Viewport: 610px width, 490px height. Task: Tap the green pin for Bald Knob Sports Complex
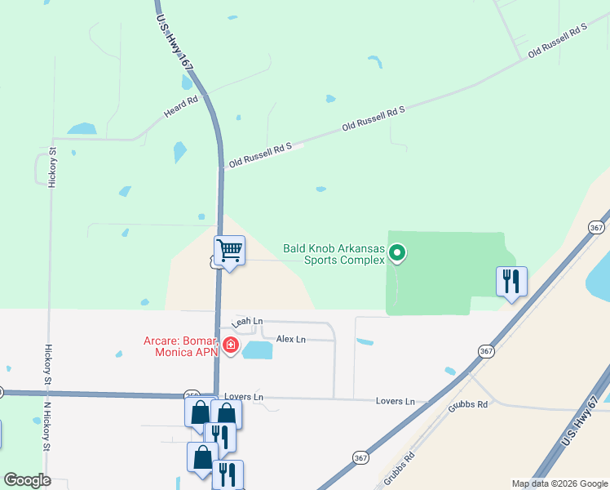pyautogui.click(x=397, y=254)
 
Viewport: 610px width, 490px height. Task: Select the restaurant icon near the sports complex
pyautogui.click(x=511, y=282)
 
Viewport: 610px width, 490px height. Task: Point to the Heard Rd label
pyautogui.click(x=181, y=107)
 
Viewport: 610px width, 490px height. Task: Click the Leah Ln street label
pyautogui.click(x=248, y=323)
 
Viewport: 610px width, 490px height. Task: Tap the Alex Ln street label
pyautogui.click(x=290, y=339)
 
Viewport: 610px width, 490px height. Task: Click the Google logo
pyautogui.click(x=27, y=480)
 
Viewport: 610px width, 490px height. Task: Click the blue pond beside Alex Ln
pyautogui.click(x=258, y=350)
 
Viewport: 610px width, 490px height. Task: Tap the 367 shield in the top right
pyautogui.click(x=597, y=227)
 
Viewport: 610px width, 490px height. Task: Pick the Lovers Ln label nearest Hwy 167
pyautogui.click(x=247, y=398)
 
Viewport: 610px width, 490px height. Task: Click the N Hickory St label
pyautogui.click(x=47, y=425)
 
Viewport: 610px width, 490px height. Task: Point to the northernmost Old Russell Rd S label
pyautogui.click(x=558, y=40)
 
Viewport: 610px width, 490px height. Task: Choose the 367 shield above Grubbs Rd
pyautogui.click(x=486, y=351)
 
